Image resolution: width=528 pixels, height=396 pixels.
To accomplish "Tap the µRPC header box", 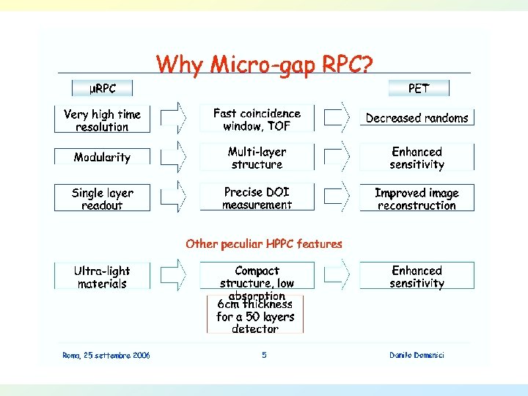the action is pos(103,89).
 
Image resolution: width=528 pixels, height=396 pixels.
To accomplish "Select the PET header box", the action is pos(418,89).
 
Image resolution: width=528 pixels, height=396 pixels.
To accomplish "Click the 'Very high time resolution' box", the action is pos(102,120).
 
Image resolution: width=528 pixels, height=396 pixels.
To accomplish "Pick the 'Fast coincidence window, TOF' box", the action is pos(257,120).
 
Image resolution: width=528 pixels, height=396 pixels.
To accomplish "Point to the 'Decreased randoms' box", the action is pos(417,118).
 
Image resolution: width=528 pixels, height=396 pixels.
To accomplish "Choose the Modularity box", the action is pos(102,157).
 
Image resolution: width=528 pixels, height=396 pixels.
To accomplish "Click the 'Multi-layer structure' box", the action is pos(257,158).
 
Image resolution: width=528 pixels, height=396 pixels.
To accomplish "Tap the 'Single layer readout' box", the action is pos(102,199).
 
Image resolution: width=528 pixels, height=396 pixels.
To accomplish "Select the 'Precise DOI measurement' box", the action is pos(257,198).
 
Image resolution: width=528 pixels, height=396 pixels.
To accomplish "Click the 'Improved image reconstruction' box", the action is pos(417,199).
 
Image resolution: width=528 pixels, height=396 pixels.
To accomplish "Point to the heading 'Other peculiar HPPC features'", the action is pos(264,243).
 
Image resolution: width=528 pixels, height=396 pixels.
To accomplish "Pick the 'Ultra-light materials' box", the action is pos(102,277).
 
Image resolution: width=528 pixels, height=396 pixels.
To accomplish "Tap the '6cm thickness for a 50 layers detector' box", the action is pos(254,316).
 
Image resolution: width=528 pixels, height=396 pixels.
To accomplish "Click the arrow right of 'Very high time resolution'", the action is pos(174,117).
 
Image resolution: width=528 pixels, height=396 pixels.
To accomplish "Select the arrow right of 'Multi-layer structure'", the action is pos(338,157).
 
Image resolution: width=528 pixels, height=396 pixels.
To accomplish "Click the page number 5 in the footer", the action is pos(264,356).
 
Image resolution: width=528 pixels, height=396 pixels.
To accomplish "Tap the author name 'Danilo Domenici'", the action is pos(417,356).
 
